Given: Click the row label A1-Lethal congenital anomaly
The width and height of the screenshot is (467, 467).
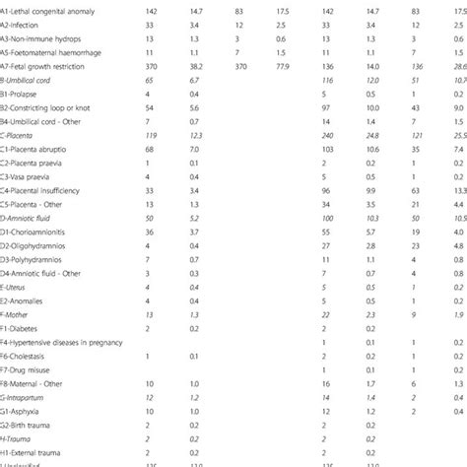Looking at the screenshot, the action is [x=49, y=8].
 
